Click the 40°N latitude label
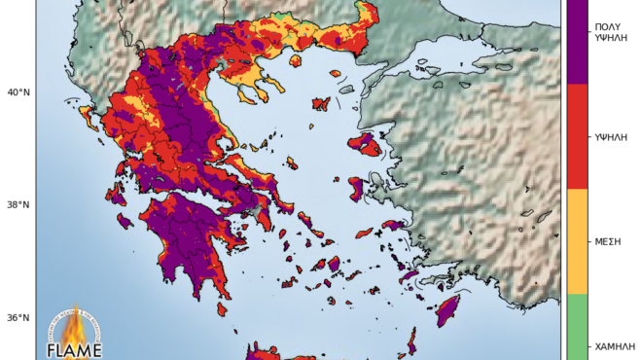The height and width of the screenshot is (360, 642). pos(18,92)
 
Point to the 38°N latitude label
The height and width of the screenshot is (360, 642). pos(18,205)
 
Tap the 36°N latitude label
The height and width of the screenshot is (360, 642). pos(18,317)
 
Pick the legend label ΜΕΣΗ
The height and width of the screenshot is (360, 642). pos(607,240)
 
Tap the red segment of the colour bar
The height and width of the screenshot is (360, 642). pos(576,136)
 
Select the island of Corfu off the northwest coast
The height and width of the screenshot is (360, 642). pos(86,116)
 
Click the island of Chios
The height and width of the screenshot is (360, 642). pos(355,187)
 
